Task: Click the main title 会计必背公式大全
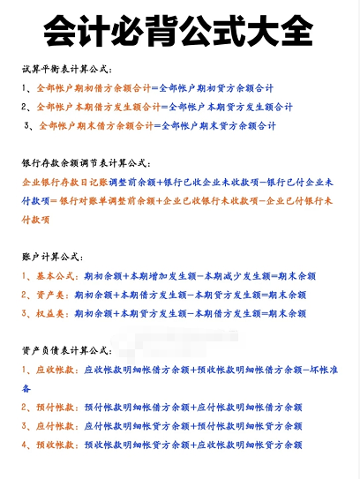click(179, 33)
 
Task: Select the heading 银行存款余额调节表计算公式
click(86, 163)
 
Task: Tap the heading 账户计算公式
click(56, 257)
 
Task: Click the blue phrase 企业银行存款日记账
click(63, 183)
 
